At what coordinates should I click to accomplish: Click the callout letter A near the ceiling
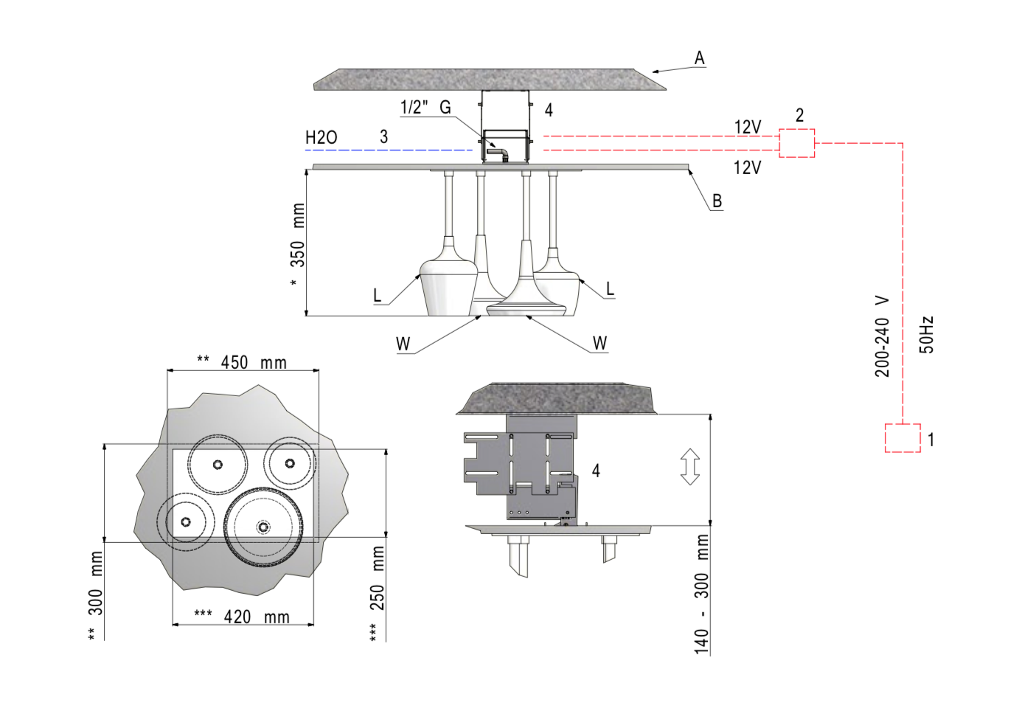coord(699,58)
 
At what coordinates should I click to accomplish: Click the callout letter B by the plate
coord(717,201)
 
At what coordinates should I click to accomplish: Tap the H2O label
coord(321,138)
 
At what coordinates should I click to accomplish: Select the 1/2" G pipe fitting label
coord(425,108)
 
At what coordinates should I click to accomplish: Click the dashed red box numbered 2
coord(796,143)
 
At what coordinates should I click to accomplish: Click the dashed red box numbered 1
coord(903,438)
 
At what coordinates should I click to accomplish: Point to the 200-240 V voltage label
coord(883,337)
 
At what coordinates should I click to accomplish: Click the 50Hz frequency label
coord(927,335)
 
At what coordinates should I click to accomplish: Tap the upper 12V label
coord(747,128)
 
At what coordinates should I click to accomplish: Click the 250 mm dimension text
coord(377,579)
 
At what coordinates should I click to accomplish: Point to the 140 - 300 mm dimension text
coord(701,594)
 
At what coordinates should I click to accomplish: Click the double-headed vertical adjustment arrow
coord(689,467)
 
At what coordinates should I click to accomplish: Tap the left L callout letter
coord(378,296)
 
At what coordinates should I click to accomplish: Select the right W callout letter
coord(599,344)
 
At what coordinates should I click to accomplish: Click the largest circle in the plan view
coord(263,526)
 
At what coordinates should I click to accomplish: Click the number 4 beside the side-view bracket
coord(596,471)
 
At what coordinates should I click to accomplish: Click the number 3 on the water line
coord(383,137)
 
